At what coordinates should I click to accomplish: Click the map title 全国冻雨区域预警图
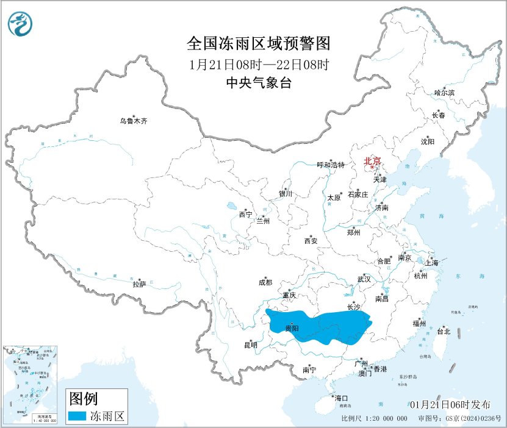(259, 43)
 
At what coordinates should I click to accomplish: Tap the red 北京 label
(372, 161)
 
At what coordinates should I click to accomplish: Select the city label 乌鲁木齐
(133, 121)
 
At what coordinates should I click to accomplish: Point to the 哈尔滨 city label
(444, 93)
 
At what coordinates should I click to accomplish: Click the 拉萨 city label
(139, 284)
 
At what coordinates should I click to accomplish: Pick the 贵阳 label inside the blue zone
(292, 329)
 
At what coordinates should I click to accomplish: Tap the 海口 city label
(341, 398)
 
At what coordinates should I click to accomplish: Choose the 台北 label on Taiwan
(443, 332)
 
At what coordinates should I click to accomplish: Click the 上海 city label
(432, 263)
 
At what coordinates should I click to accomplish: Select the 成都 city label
(265, 282)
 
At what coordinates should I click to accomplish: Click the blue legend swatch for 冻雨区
(77, 416)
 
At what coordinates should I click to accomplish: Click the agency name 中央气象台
(259, 84)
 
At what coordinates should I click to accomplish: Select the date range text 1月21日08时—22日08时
(259, 64)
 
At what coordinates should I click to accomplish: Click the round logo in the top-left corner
(20, 23)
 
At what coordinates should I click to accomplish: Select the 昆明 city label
(251, 345)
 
